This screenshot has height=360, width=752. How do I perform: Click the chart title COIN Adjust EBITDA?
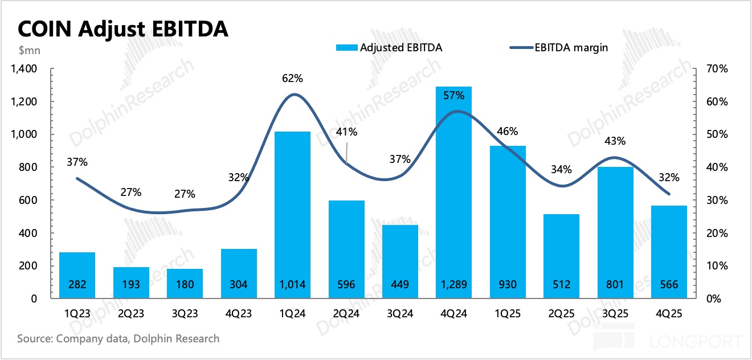[123, 29]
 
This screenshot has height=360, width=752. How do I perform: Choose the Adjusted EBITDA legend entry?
[393, 48]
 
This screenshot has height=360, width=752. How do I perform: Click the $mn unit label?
[29, 50]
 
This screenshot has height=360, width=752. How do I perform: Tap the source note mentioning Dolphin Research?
[118, 338]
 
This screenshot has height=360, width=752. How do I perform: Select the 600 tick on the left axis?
[28, 201]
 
